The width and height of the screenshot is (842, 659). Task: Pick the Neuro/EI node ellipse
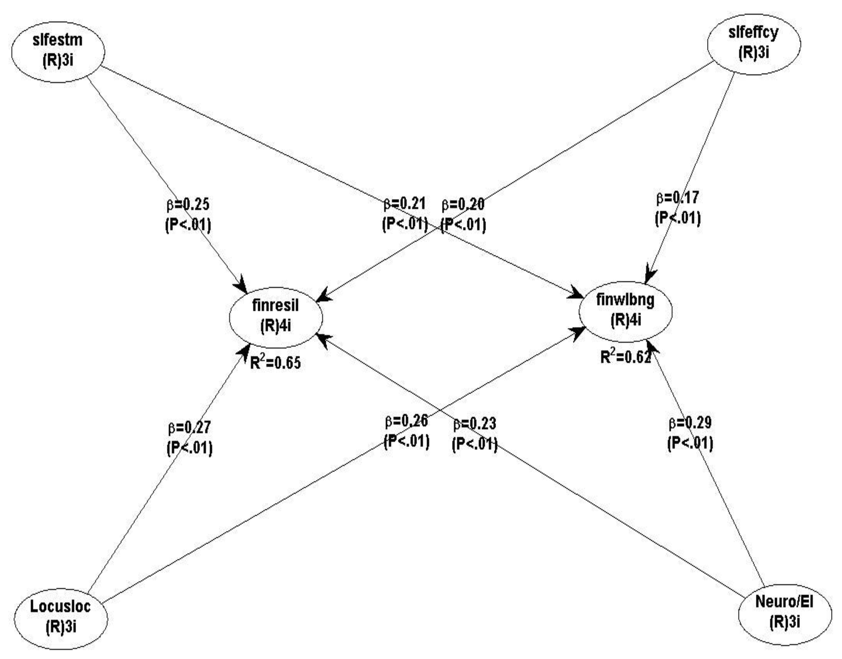[x=784, y=615]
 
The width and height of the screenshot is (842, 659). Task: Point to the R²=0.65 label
[x=275, y=363]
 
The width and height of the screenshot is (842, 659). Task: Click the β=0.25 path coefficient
[x=188, y=204]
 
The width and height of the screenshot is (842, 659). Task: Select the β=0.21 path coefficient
[x=404, y=203]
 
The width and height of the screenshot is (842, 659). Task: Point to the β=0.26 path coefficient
[x=406, y=421]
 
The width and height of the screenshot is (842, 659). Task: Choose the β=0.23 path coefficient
[x=475, y=424]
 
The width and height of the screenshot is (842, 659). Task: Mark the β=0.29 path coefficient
[x=690, y=422]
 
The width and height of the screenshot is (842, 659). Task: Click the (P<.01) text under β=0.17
[x=677, y=218]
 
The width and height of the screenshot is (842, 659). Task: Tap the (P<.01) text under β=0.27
[x=189, y=448]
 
